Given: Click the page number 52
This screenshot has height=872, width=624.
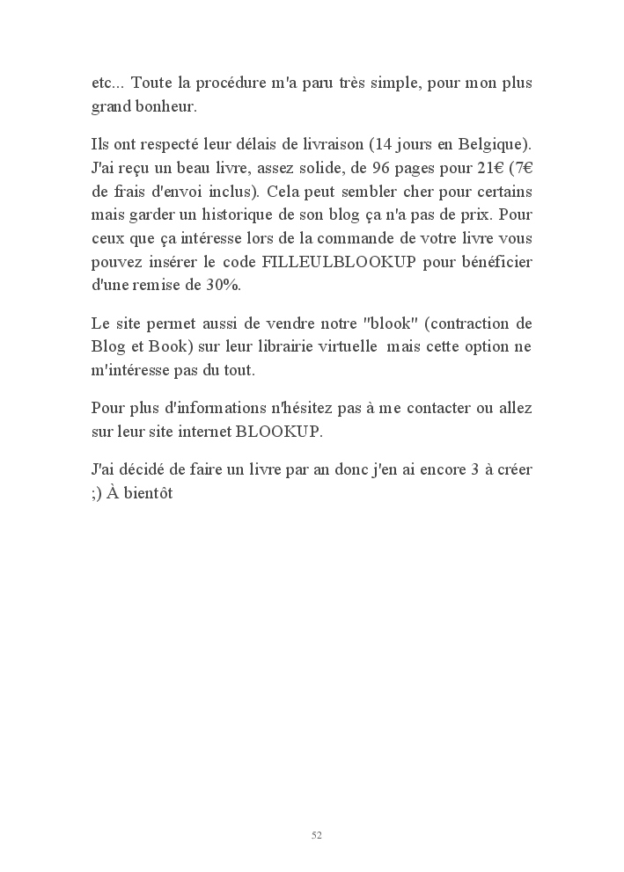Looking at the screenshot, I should [317, 835].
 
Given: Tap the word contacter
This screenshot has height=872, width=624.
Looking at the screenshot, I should [448, 408].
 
